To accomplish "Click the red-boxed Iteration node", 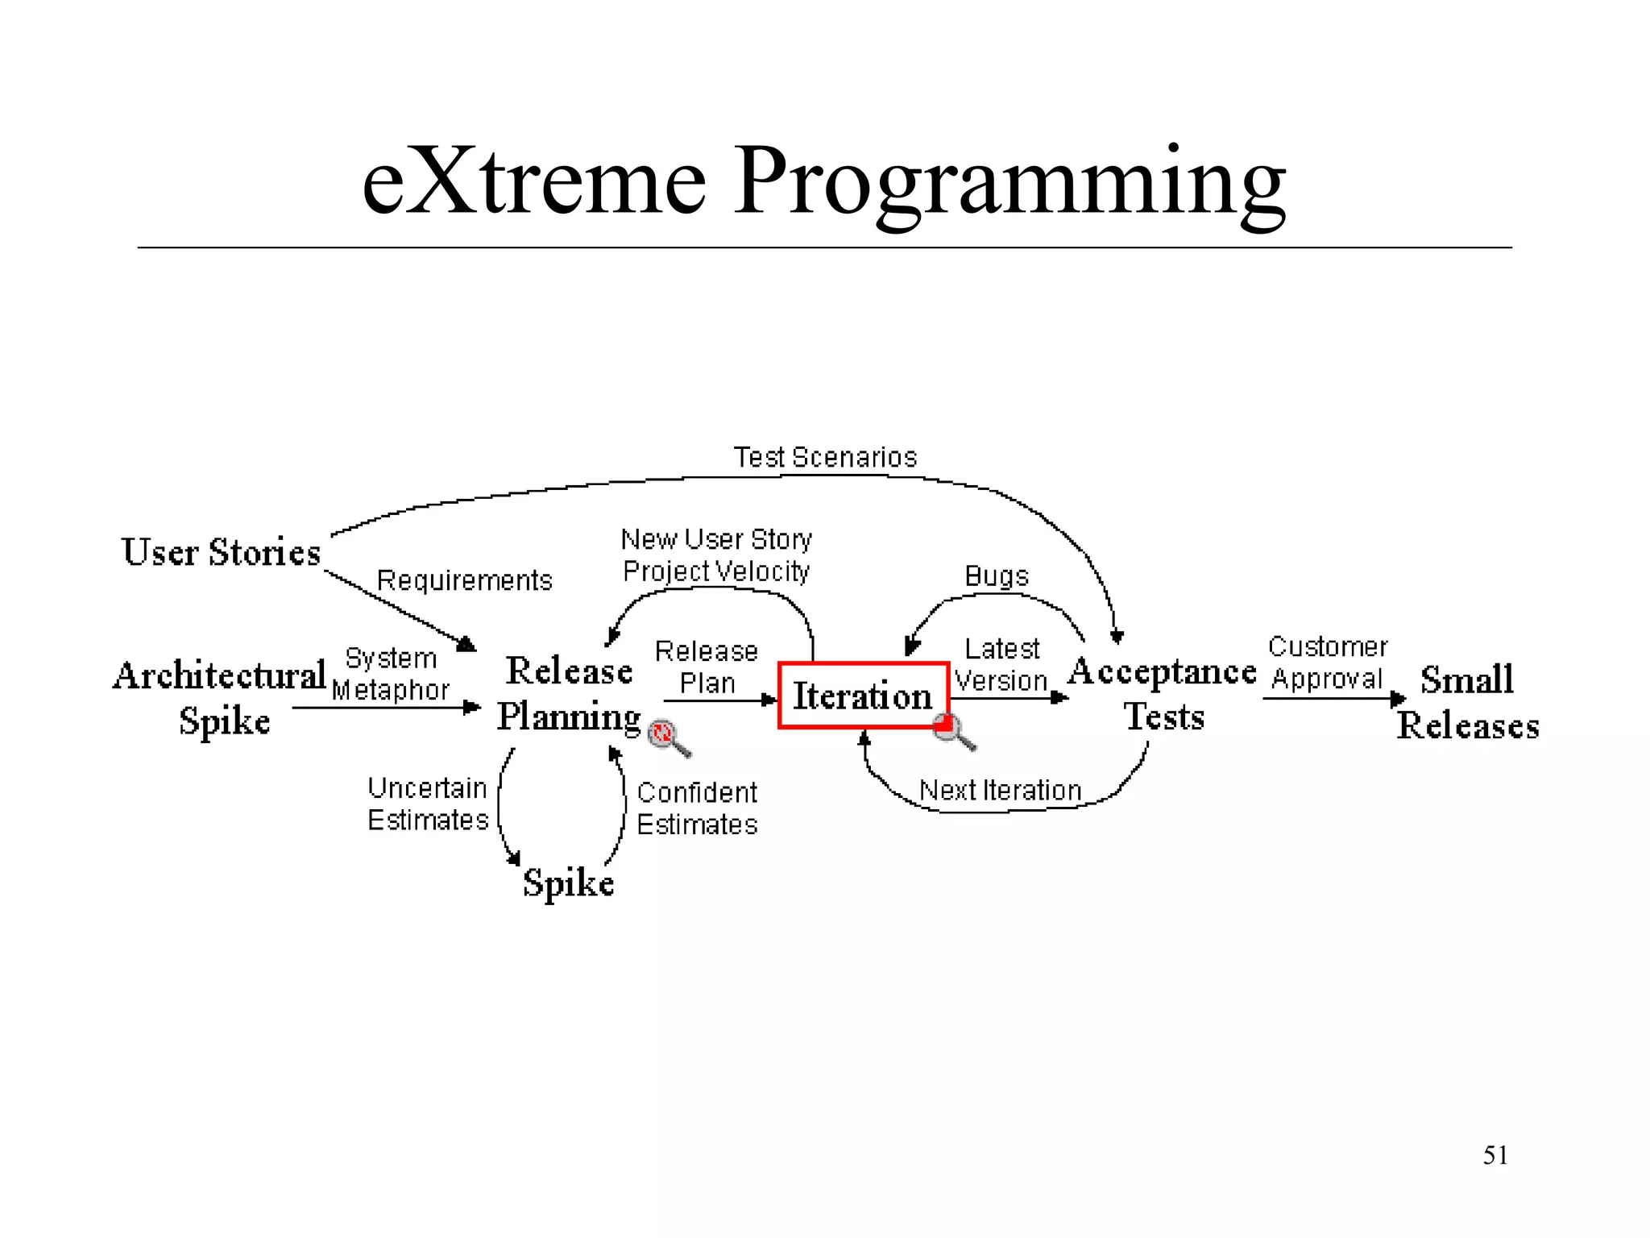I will [x=863, y=696].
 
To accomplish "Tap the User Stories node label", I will [x=221, y=553].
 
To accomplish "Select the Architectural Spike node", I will [x=220, y=696].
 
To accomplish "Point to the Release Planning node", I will [x=569, y=693].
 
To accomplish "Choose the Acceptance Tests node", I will [x=1163, y=693].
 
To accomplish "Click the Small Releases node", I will [x=1467, y=701].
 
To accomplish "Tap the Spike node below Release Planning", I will [x=568, y=883].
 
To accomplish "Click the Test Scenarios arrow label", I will [x=825, y=457].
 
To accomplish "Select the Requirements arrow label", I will [x=464, y=580].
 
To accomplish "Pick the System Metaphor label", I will [x=391, y=674].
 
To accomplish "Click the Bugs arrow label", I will [x=997, y=576].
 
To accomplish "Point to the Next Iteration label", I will [x=1000, y=791].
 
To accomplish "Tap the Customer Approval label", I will [x=1327, y=663].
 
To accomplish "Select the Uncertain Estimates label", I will [x=428, y=804].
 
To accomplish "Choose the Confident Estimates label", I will [x=697, y=808].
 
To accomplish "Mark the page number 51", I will [x=1495, y=1155].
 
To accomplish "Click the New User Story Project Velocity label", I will [x=715, y=555].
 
